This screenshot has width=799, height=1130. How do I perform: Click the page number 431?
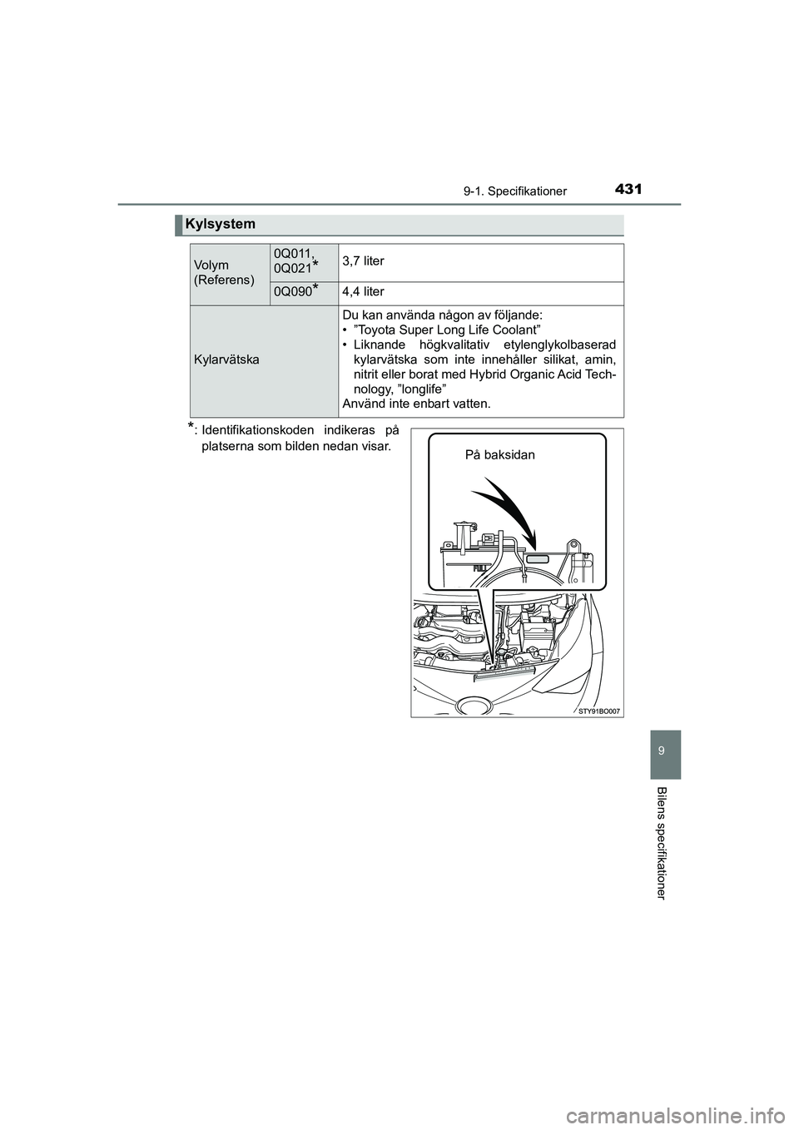(x=629, y=190)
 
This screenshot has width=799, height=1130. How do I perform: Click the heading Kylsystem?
(x=220, y=224)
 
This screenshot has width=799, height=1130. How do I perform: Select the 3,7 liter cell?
(x=363, y=261)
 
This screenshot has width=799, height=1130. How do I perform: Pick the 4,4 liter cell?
(x=363, y=291)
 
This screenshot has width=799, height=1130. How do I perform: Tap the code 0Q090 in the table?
(x=293, y=291)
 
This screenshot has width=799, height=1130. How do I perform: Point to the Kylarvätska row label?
(x=226, y=359)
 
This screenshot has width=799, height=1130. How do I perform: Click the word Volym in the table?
(x=211, y=265)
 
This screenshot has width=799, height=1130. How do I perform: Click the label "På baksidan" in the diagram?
(x=499, y=455)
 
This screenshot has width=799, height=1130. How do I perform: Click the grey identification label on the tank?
(x=538, y=558)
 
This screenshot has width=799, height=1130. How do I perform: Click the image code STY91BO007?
(x=598, y=711)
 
